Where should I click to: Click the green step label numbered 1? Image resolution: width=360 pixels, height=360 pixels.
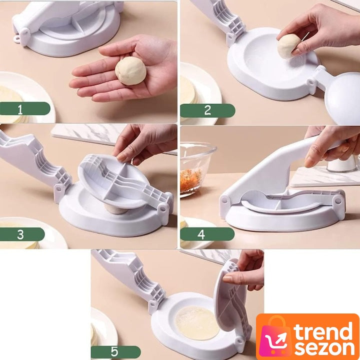pyautogui.click(x=25, y=108)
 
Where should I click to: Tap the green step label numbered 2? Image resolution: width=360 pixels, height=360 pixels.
pyautogui.click(x=207, y=110)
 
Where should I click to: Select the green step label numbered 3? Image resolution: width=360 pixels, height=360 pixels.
pyautogui.click(x=22, y=234)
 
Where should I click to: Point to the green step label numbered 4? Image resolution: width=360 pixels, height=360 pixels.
pyautogui.click(x=207, y=234)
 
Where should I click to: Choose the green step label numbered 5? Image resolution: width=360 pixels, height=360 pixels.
pyautogui.click(x=115, y=352)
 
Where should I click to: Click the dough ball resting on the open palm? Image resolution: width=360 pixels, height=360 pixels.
pyautogui.click(x=130, y=71)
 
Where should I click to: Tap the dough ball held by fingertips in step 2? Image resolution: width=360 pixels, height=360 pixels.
pyautogui.click(x=288, y=46)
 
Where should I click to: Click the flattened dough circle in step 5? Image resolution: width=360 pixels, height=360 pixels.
pyautogui.click(x=197, y=322)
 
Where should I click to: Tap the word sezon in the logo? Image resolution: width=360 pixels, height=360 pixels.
pyautogui.click(x=324, y=348)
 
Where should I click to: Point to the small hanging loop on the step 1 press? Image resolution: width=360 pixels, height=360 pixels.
pyautogui.click(x=17, y=39)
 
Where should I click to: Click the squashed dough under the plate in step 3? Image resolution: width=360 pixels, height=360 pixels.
pyautogui.click(x=115, y=209)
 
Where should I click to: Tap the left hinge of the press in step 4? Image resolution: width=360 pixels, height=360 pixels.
pyautogui.click(x=224, y=201)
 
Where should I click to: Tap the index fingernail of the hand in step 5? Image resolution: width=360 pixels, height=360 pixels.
pyautogui.click(x=227, y=278)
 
